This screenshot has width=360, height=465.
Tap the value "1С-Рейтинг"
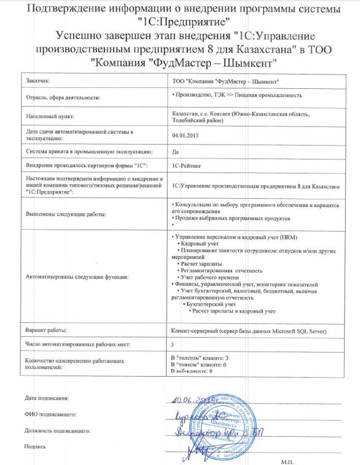tap(187, 165)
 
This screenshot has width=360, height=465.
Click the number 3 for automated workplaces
tap(172, 344)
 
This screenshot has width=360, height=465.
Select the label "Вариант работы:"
tap(47, 329)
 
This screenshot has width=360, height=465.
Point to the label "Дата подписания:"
tap(46, 398)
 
